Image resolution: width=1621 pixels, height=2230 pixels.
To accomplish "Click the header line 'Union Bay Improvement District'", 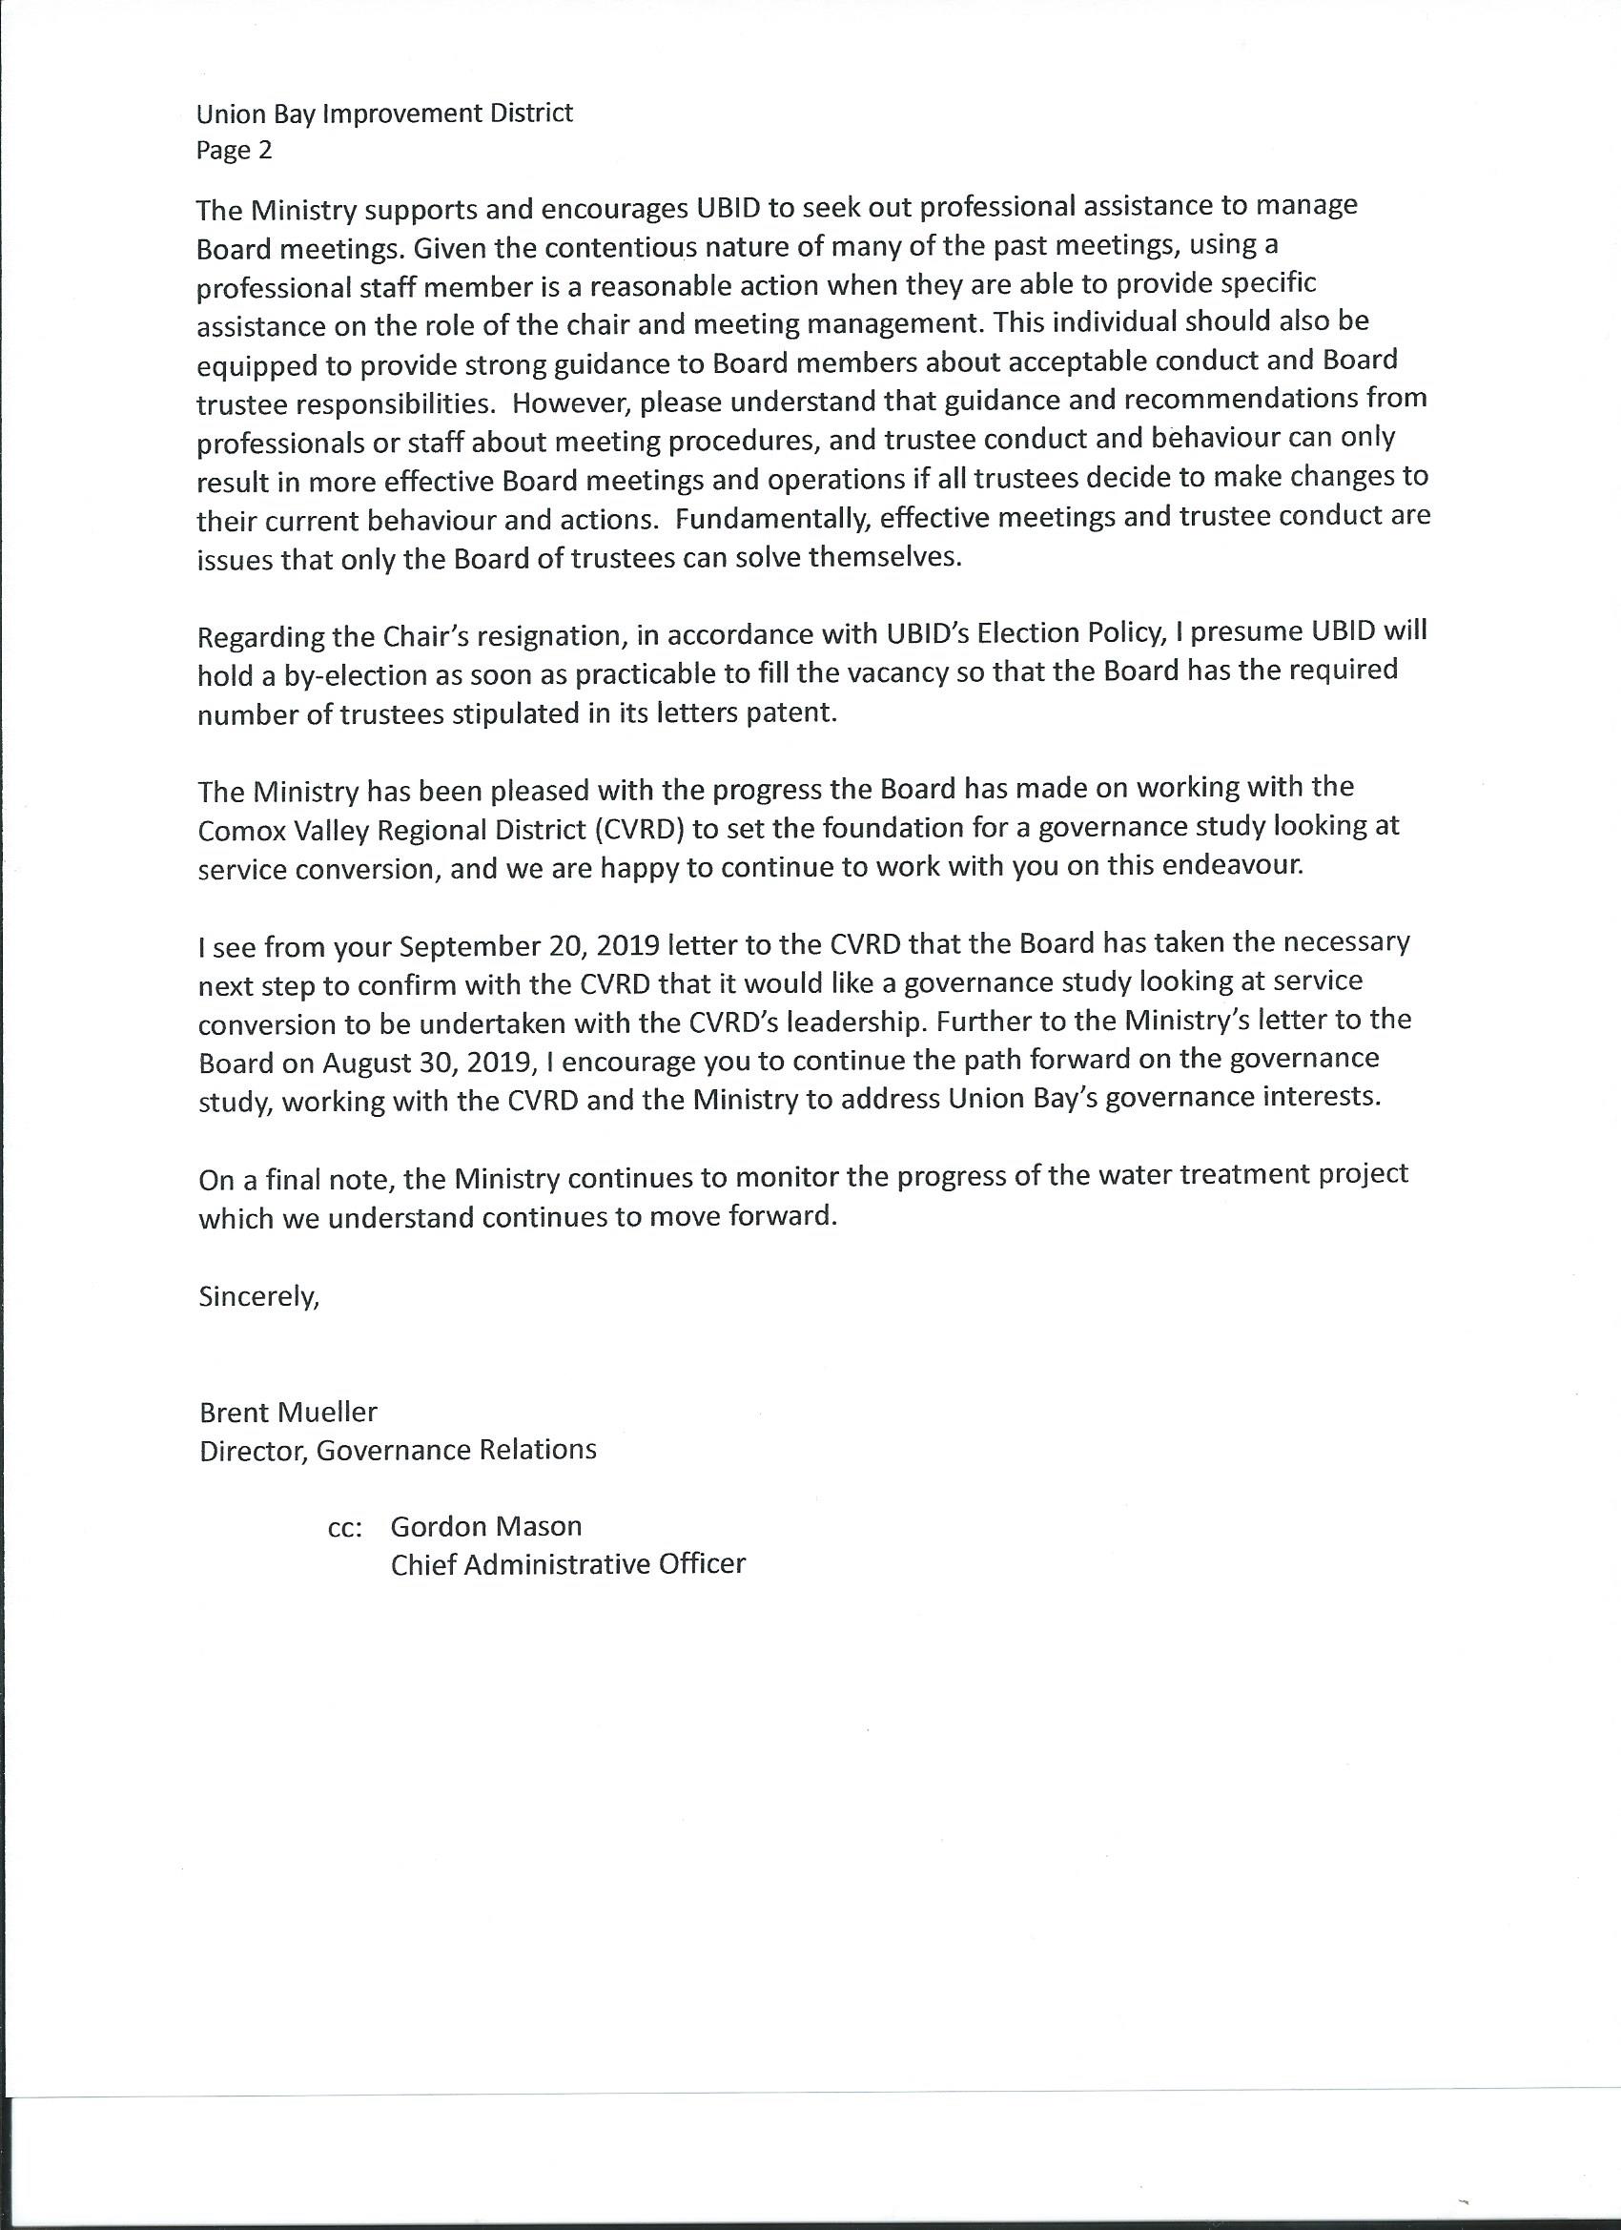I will coord(384,114).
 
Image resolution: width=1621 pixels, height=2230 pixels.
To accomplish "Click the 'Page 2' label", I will coord(234,151).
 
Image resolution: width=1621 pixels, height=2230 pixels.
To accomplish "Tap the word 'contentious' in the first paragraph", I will coord(599,248).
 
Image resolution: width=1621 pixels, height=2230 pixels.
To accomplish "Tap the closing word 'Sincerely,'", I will coord(259,1297).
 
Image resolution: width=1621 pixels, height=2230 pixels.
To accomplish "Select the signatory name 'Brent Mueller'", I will coord(288,1413).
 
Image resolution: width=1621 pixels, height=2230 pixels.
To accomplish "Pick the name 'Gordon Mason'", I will coord(485,1527).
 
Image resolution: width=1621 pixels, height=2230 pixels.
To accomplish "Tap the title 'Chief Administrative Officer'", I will coord(568,1564).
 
